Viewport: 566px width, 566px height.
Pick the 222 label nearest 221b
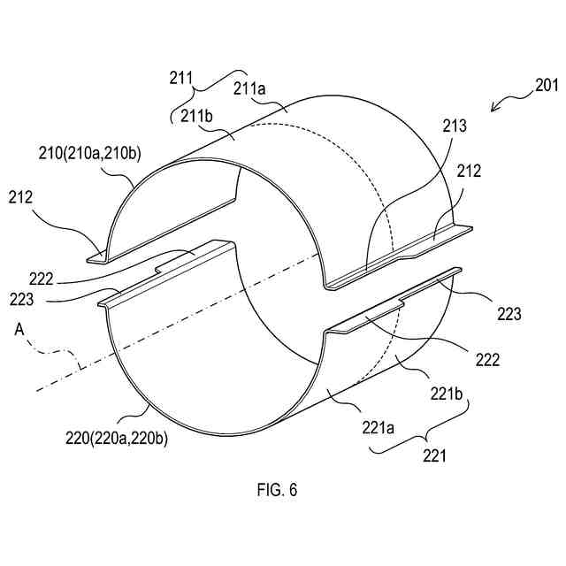tap(486, 360)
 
